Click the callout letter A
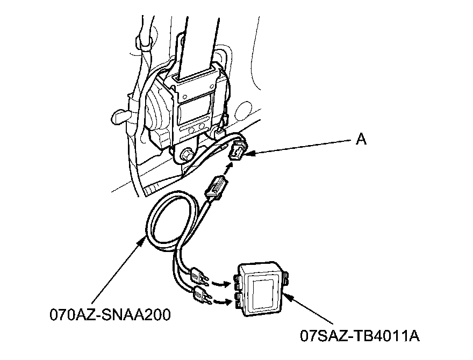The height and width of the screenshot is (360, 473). pyautogui.click(x=361, y=139)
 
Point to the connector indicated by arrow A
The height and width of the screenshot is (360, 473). pyautogui.click(x=237, y=153)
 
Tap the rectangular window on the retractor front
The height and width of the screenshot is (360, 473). pyautogui.click(x=192, y=113)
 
